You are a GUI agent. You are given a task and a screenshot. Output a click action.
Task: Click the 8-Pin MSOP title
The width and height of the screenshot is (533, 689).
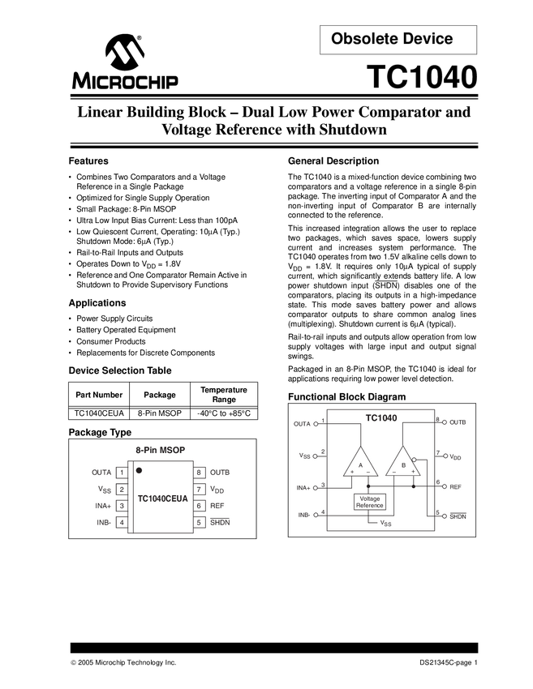pyautogui.click(x=162, y=451)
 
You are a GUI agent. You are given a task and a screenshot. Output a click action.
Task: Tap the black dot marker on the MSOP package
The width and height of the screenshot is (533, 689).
pyautogui.click(x=140, y=469)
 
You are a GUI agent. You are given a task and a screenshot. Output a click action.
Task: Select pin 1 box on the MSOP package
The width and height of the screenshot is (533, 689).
pyautogui.click(x=122, y=473)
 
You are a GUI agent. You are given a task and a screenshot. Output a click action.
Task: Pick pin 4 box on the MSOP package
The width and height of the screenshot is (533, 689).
pyautogui.click(x=122, y=523)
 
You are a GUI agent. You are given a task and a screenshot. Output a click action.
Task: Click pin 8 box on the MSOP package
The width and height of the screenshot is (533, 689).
pyautogui.click(x=198, y=473)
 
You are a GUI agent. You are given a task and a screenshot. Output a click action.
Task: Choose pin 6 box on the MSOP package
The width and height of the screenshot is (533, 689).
pyautogui.click(x=198, y=506)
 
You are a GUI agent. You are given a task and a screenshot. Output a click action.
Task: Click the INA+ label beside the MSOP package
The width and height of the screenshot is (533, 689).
pyautogui.click(x=102, y=506)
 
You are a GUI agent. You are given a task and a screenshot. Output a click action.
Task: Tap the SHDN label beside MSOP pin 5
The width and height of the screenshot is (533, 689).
pyautogui.click(x=220, y=523)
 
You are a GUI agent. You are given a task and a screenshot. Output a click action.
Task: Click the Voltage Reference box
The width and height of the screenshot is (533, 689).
pyautogui.click(x=370, y=503)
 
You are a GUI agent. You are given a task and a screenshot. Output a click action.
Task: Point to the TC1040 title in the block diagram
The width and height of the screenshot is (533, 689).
pyautogui.click(x=380, y=418)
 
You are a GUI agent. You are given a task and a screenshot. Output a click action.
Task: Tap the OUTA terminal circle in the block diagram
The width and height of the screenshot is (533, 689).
pyautogui.click(x=316, y=423)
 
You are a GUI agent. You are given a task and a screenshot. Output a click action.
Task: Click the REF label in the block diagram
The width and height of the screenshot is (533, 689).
pyautogui.click(x=455, y=486)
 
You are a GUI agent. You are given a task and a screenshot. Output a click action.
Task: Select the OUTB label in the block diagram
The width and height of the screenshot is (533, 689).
pyautogui.click(x=457, y=422)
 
